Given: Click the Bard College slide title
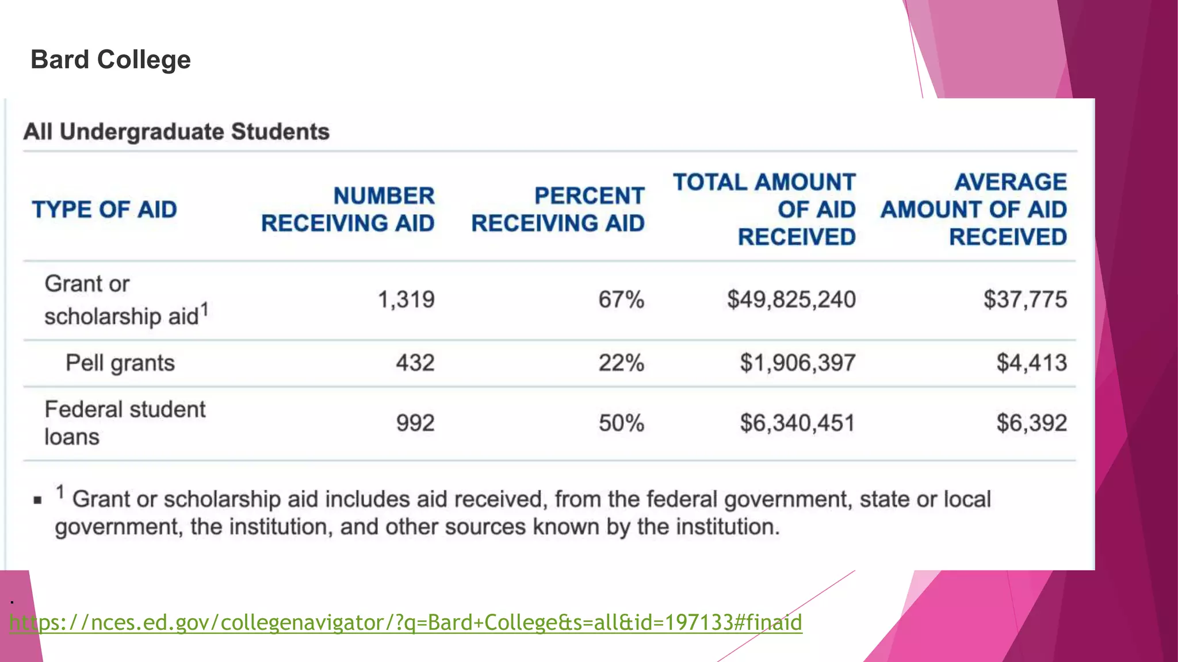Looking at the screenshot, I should pos(110,60).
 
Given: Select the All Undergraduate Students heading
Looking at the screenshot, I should pos(176,132).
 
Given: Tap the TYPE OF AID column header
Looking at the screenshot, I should pos(104,210).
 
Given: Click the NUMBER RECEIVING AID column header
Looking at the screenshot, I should pos(348,209).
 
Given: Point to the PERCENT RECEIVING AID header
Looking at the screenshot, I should pos(558,209).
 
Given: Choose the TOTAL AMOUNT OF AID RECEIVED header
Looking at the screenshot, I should pos(764,209).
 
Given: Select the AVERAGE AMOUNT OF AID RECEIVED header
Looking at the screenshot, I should pos(974,209).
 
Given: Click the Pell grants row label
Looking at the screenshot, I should pos(120,363).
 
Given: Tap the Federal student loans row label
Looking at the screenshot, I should pos(125,423).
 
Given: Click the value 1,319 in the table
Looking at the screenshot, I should pos(406,299).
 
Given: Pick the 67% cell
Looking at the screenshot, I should pos(621,299).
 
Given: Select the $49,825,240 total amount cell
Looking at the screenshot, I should pos(791,299).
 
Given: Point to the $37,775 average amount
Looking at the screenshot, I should pos(1025,299).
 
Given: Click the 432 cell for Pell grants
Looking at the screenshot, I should pos(415,363).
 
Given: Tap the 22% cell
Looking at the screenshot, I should pos(621,363).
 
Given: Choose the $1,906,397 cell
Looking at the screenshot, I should pos(798,363).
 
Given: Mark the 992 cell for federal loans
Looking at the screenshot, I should pos(415,424).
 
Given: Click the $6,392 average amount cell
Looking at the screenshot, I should pos(1032,424).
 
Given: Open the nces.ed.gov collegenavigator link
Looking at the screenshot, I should pos(406,622).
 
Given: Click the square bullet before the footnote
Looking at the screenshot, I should pos(38,501).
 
